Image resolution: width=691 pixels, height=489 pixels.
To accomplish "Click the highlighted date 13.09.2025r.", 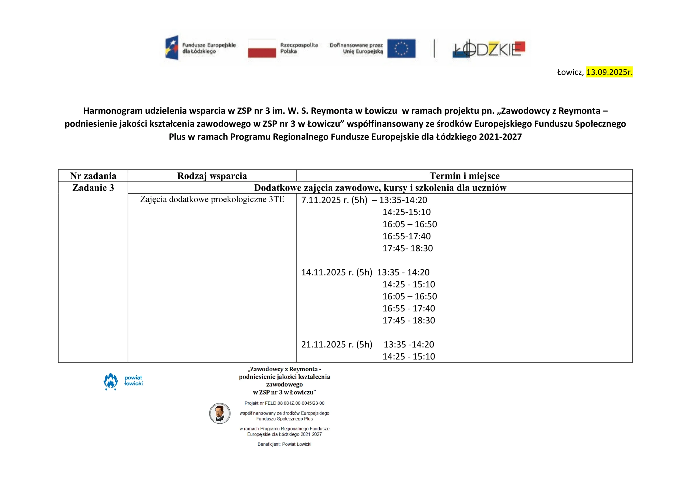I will pyautogui.click(x=609, y=72).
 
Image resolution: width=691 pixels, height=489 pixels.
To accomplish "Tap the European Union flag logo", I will pyautogui.click(x=401, y=48).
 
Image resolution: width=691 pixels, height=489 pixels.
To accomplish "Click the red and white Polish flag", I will pyautogui.click(x=262, y=48).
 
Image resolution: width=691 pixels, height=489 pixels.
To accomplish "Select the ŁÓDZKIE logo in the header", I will pyautogui.click(x=489, y=49).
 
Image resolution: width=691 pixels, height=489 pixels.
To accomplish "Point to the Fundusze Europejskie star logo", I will pyautogui.click(x=172, y=48).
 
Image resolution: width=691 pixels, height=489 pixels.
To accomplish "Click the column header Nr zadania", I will pyautogui.click(x=93, y=176).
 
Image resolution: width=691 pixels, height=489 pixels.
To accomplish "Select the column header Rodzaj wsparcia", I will pyautogui.click(x=212, y=176).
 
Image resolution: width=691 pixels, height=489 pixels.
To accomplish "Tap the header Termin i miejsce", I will pyautogui.click(x=464, y=176).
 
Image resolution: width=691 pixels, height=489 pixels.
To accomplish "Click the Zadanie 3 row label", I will pyautogui.click(x=93, y=188).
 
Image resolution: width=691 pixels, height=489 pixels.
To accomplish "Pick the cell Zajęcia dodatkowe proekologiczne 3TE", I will pyautogui.click(x=212, y=199).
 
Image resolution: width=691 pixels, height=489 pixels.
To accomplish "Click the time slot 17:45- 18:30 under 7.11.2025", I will pyautogui.click(x=408, y=248).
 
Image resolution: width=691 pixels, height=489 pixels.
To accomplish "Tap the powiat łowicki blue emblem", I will pyautogui.click(x=111, y=381).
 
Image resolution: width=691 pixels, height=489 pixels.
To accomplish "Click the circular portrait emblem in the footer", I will pyautogui.click(x=220, y=413).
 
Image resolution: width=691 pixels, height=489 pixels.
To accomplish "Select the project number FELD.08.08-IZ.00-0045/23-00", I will pyautogui.click(x=294, y=403).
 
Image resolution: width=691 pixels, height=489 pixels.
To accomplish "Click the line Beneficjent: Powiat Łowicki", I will pyautogui.click(x=284, y=444).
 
